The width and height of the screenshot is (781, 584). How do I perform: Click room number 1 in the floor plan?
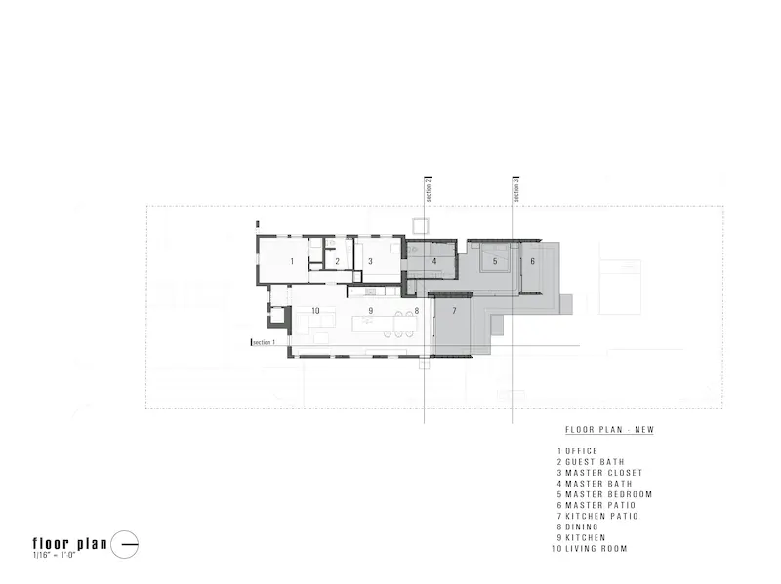point(292,261)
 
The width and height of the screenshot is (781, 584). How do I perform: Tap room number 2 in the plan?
point(337,261)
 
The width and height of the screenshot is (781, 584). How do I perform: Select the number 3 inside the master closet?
point(370,261)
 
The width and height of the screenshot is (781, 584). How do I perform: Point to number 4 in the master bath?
point(434,261)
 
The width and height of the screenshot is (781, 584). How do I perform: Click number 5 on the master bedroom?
point(495,261)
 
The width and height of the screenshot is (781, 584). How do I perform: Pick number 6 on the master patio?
point(532,261)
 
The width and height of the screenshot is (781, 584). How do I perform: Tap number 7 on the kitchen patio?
point(454,311)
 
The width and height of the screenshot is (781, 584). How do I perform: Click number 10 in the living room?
point(315,311)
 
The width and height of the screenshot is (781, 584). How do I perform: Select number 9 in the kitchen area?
point(371,311)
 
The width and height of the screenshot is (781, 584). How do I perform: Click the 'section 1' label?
point(264,343)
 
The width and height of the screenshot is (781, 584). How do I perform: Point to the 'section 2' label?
point(428,190)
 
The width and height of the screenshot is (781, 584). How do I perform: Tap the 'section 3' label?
point(516,190)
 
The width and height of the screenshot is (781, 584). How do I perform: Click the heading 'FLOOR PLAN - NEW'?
point(609,430)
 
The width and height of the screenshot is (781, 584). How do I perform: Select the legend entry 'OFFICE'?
point(581,451)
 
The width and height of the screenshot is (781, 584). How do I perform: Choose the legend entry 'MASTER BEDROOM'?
point(608,494)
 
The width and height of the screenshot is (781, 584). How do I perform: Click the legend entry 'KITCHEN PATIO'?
point(601,517)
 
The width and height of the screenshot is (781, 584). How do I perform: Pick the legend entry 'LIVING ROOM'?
point(596,549)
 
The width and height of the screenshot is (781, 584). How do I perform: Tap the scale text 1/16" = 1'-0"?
point(54,555)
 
